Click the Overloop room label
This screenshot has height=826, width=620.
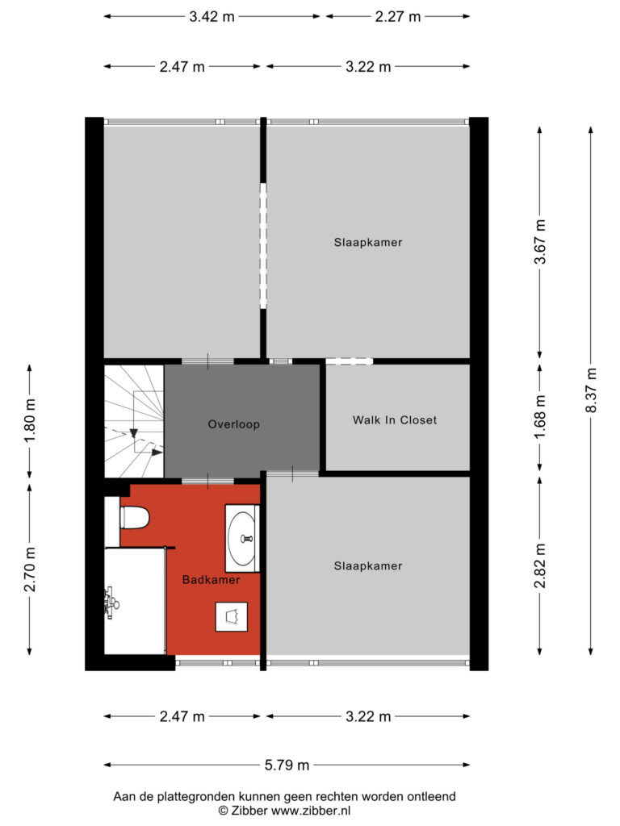pos(233,424)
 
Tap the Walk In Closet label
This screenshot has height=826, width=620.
pos(395,419)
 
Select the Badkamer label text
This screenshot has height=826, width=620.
pos(211,579)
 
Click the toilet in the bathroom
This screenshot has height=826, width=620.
pos(135,518)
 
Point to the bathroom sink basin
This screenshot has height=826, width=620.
pos(242,538)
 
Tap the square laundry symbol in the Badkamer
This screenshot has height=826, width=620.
pos(232,616)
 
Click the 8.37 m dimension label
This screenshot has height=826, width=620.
pos(591,390)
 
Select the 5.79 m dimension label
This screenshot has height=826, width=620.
pos(287,765)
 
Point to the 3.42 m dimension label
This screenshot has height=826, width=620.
pos(212,16)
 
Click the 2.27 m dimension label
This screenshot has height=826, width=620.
pos(398,16)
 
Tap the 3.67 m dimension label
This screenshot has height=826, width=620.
pos(540,242)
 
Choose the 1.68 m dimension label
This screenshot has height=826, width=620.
pos(540,416)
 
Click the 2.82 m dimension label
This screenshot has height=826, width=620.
pos(540,565)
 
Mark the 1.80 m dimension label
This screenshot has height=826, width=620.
pos(30,421)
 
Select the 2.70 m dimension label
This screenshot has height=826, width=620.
pos(30,569)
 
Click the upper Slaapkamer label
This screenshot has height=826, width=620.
pos(368,242)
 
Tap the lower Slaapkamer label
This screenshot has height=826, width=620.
pos(368,565)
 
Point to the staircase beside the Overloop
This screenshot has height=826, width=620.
pos(134,421)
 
